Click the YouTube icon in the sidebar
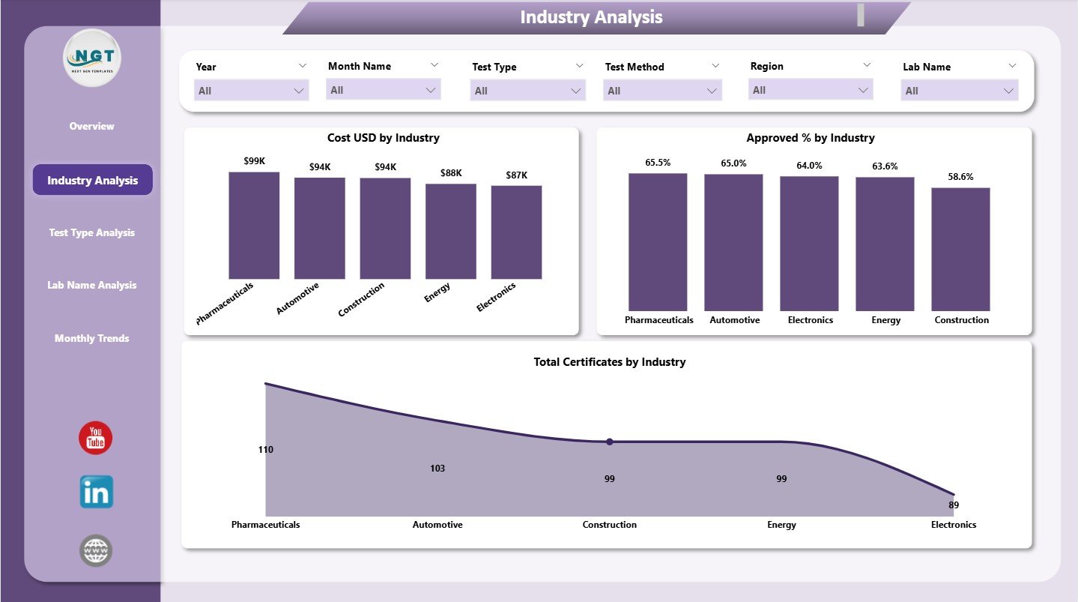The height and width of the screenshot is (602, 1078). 95,438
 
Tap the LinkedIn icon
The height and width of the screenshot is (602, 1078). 97,492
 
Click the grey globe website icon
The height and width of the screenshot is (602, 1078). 96,551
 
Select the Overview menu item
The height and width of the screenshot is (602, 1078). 92,126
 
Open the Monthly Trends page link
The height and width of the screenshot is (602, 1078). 92,338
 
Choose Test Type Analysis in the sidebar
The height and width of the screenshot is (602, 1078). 92,232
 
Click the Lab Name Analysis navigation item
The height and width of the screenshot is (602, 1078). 92,285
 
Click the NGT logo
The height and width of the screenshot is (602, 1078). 92,58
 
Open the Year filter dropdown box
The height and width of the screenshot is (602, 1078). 252,91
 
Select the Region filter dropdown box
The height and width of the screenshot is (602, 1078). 811,90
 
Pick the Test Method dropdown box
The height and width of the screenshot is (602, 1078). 662,91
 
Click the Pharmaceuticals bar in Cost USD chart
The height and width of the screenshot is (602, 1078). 254,226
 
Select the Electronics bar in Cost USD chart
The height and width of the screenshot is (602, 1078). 516,232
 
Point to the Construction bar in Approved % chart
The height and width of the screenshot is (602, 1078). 960,249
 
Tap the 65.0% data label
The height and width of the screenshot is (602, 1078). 733,163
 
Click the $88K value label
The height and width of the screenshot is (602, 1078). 450,173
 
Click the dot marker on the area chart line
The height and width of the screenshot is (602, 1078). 610,442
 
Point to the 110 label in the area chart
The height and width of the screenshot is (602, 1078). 265,450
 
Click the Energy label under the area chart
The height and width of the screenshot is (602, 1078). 781,525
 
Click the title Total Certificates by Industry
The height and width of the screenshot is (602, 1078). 609,362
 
